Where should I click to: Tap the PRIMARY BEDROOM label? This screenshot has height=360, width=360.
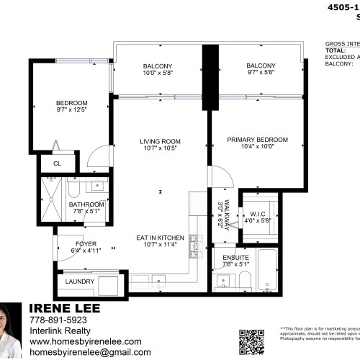[x=257, y=139]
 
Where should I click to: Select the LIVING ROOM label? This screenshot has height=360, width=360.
[x=160, y=140]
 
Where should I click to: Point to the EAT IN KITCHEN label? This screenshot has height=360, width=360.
[x=160, y=238]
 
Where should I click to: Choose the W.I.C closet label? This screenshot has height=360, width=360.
[x=257, y=213]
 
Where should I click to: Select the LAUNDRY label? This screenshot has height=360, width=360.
[x=79, y=282]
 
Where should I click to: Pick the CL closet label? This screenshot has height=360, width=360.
[x=56, y=163]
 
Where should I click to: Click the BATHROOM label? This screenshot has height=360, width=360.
[x=87, y=204]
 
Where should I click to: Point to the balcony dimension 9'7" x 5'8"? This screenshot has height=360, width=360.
[x=261, y=93]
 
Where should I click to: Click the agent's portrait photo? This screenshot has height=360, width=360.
[x=12, y=330]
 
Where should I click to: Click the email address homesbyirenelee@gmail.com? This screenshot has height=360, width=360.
[x=90, y=353]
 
